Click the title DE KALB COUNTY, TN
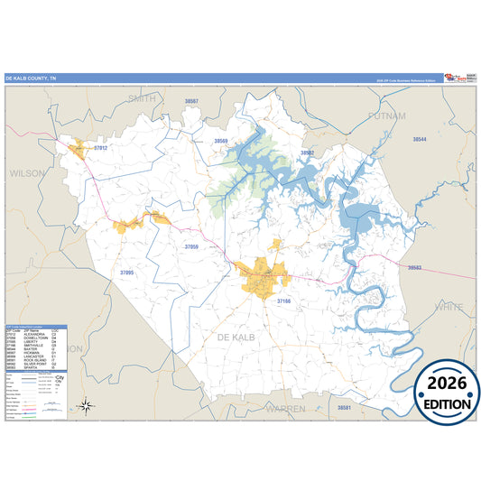pos(30,78)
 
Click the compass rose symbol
pos(85,405)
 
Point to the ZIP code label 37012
pos(101,148)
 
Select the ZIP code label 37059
pos(191,246)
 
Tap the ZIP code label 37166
pos(284,301)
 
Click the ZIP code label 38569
pos(221,142)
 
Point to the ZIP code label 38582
pos(308,153)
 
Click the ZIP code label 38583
pos(414,268)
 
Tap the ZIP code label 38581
pos(344,408)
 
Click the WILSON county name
pos(26,171)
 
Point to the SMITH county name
pos(143,97)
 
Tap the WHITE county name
pos(448,308)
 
